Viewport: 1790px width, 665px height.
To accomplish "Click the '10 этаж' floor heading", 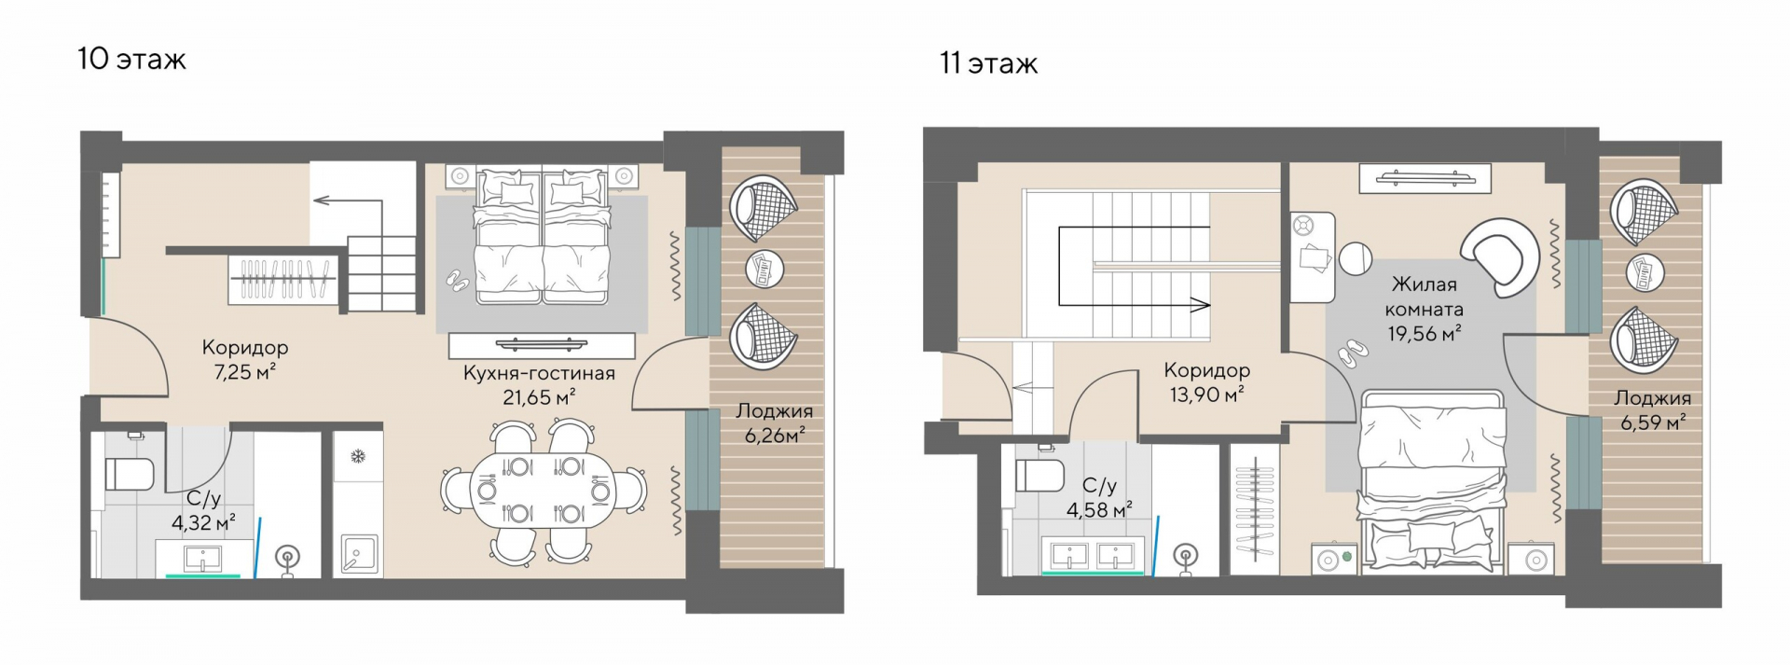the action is tap(132, 60).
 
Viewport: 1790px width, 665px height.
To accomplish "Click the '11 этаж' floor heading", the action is tap(988, 63).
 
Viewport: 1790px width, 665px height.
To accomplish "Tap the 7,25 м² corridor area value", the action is tap(245, 372).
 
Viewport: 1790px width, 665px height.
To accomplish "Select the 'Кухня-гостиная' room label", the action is tap(540, 373).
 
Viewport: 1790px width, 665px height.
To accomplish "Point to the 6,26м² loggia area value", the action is tap(774, 435).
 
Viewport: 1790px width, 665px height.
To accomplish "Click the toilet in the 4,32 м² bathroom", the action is tap(128, 473).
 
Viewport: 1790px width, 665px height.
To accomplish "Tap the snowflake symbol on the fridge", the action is tap(357, 456).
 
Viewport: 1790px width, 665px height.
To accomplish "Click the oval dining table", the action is tap(543, 490).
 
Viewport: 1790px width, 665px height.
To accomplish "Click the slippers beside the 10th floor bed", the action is tap(457, 278).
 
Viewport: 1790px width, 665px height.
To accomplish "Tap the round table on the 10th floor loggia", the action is tap(765, 270).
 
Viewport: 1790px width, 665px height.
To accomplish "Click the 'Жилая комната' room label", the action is tap(1424, 297).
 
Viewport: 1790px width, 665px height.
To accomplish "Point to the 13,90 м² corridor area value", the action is tap(1207, 395).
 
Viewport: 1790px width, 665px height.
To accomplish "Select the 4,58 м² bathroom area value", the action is tap(1099, 509).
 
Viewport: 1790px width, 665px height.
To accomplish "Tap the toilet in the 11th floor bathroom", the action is tap(1040, 475).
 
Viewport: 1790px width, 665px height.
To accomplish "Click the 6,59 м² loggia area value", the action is tap(1653, 423).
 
